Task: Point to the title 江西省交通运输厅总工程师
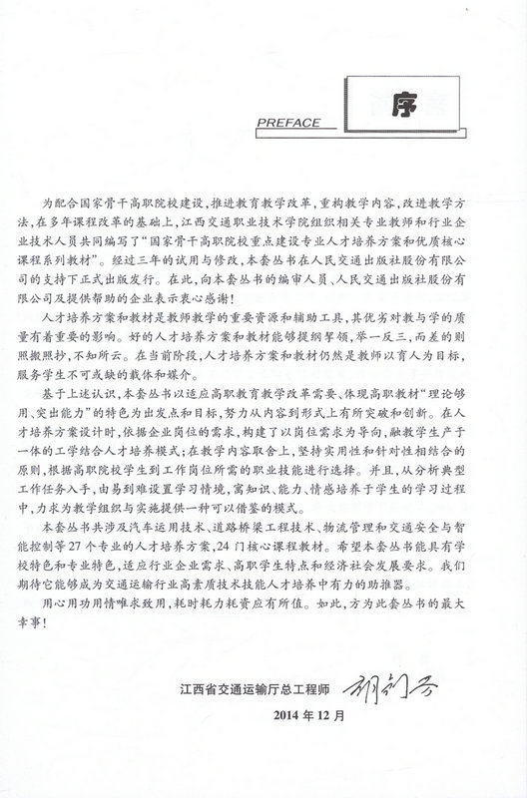click(x=255, y=688)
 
